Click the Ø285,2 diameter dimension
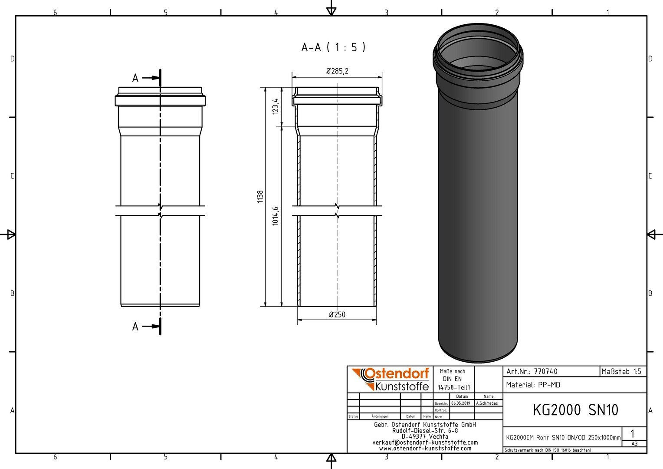[x=337, y=71]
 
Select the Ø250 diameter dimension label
[x=337, y=314]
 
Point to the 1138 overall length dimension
[x=260, y=197]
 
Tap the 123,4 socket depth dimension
[x=276, y=106]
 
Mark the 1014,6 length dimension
[x=276, y=216]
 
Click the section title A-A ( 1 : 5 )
[x=333, y=47]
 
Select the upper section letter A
[x=135, y=78]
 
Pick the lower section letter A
[x=135, y=327]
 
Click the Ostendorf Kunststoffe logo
[x=390, y=379]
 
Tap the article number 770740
[x=545, y=372]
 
